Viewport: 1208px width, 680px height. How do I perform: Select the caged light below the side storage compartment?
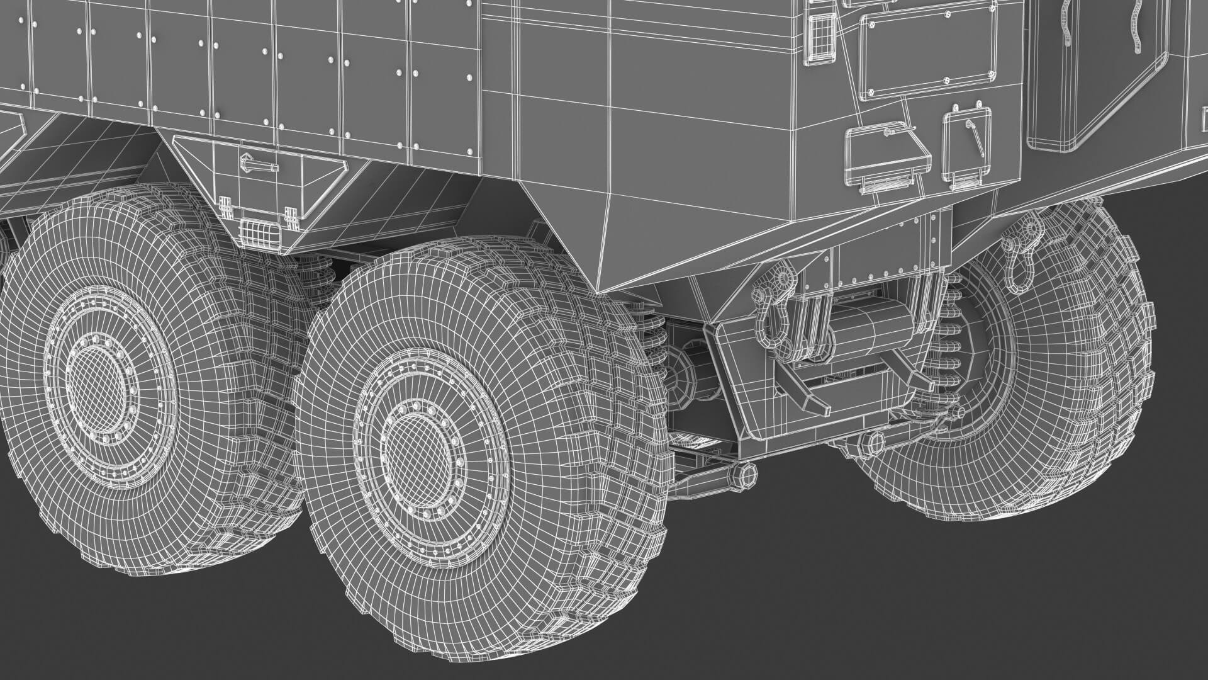click(x=259, y=231)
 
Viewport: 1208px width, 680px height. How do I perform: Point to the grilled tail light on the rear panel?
click(x=820, y=36)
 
